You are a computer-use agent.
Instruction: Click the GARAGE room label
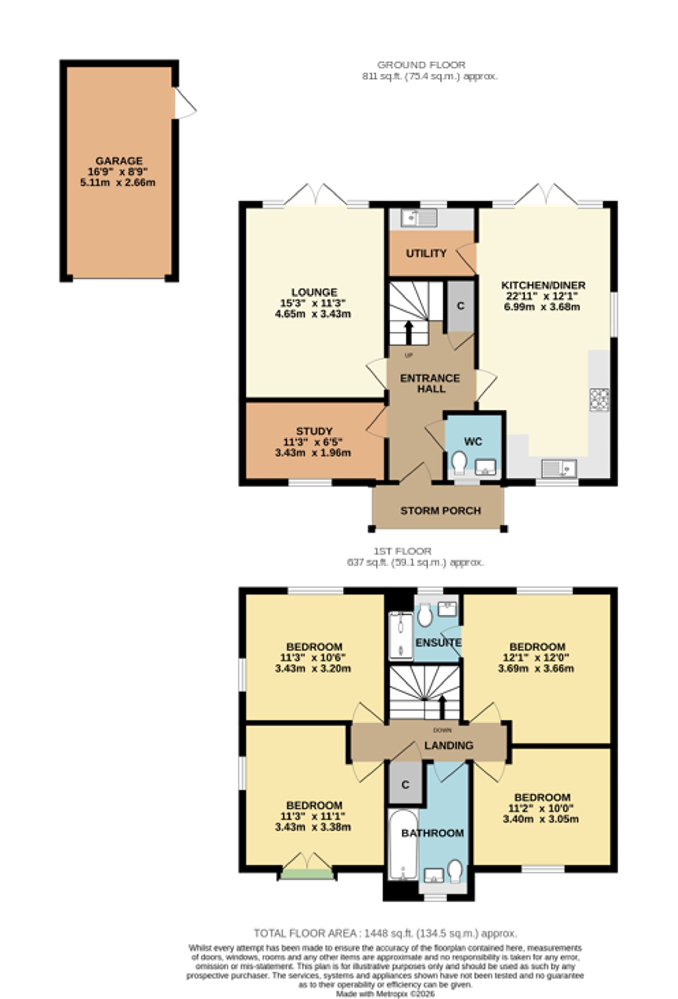point(119,161)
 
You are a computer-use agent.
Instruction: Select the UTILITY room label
point(426,253)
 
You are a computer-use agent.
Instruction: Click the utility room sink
point(419,218)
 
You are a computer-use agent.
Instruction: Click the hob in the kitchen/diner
point(599,400)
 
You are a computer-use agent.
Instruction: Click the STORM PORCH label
point(441,511)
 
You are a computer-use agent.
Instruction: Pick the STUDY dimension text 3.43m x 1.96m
point(313,453)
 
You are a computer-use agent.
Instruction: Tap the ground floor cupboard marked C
point(460,306)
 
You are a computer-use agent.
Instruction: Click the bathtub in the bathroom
point(403,845)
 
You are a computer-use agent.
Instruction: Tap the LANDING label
point(449,746)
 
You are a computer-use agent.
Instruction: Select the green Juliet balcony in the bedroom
point(307,874)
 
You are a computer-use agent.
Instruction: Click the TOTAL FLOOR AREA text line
point(385,933)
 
